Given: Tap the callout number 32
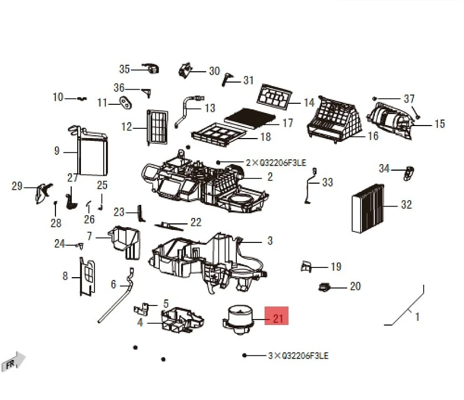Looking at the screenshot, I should (x=406, y=205).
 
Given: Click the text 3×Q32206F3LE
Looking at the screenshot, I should (x=298, y=356).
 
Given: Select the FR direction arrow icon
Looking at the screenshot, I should (x=14, y=361).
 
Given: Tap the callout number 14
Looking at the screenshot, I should (x=309, y=103).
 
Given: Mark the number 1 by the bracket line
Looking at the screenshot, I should (x=417, y=316).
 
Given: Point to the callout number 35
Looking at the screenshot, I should (x=124, y=69).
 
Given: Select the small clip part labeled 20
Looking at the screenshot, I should (x=325, y=286).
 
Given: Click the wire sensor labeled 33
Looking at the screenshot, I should (x=310, y=187).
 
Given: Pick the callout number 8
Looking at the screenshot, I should (x=65, y=277).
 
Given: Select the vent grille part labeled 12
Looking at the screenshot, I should (x=156, y=126).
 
